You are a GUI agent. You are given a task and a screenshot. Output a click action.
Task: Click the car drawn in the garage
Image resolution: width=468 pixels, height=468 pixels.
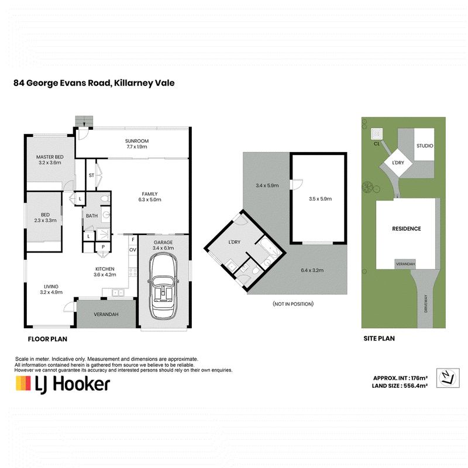coord(163,286)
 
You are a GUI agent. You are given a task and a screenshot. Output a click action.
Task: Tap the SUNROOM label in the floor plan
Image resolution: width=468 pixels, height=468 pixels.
coord(137,141)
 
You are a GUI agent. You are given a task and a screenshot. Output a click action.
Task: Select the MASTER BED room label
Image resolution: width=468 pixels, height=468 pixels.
coord(50,157)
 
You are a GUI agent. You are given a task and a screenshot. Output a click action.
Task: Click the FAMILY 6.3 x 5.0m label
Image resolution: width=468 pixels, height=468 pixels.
coord(150,197)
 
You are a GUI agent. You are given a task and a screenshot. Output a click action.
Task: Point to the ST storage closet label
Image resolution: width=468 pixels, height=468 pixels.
coord(92,175)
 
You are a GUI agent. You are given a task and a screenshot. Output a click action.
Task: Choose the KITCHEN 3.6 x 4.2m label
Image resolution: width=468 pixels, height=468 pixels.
coord(105,271)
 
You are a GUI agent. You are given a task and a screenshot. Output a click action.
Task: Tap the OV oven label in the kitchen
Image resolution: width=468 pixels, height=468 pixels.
coord(133,250)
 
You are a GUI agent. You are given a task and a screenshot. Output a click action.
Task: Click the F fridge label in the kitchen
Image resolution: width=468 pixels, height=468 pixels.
coord(133,239)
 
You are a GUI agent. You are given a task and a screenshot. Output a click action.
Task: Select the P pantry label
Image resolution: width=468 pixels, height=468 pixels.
coord(104,247)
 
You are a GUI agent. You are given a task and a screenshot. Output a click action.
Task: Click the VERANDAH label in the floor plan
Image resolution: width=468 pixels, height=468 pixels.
coord(106,314)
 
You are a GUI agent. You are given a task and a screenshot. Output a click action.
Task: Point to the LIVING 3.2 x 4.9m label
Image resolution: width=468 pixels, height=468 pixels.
coord(51,289)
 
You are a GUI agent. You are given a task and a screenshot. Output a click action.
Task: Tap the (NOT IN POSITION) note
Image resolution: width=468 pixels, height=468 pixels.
coord(293,304)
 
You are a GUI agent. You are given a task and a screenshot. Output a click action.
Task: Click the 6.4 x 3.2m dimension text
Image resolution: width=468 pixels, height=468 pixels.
coord(312,270)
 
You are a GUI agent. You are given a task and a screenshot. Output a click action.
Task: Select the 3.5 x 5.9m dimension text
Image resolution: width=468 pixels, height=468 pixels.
coord(320,199)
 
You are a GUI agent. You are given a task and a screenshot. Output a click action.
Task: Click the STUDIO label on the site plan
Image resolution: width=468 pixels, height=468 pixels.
coord(425,146)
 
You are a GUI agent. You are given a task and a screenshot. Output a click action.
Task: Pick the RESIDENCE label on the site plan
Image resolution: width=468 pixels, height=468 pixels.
coord(407,229)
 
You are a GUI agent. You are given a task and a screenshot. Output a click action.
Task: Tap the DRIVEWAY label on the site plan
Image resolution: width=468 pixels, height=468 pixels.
coord(426,304)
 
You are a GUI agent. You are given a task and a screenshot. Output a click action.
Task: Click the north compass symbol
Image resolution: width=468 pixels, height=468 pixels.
coord(448,378)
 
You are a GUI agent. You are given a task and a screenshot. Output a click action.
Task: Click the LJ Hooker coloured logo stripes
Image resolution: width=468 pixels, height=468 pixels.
coord(23,383)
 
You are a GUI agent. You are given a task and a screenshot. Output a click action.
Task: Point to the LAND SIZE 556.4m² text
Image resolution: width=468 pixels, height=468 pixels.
coord(400,386)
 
